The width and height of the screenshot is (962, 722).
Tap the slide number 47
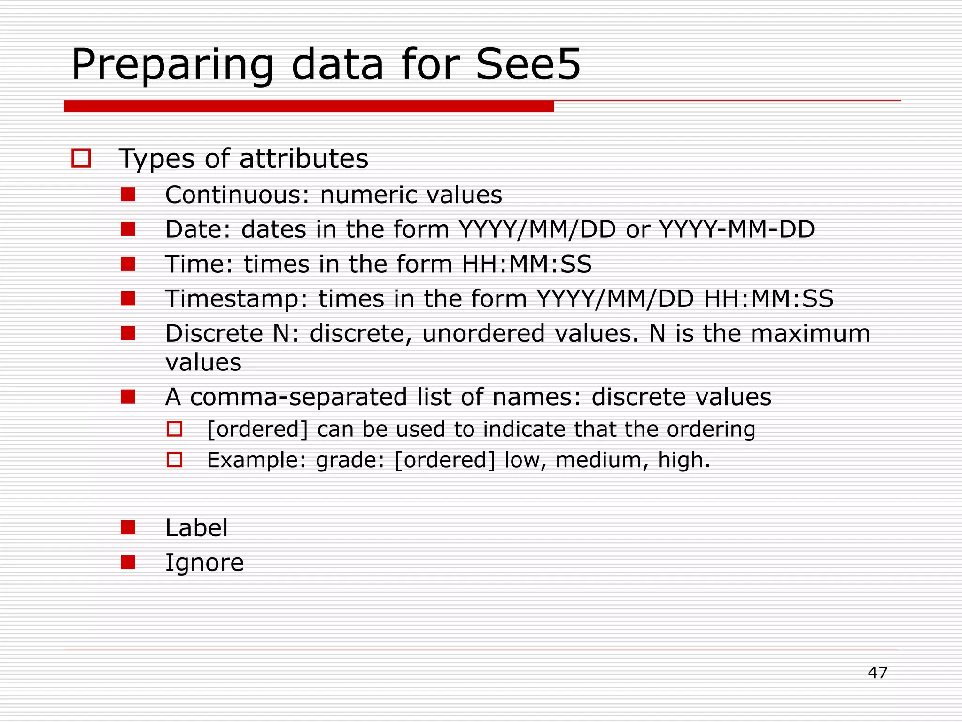click(x=877, y=673)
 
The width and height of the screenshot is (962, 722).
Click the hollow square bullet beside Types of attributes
click(x=81, y=158)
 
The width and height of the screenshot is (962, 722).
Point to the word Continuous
click(x=233, y=195)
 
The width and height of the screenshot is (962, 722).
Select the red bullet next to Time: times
click(x=128, y=264)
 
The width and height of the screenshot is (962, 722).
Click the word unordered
click(x=483, y=333)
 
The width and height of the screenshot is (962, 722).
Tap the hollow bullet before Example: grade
click(x=174, y=459)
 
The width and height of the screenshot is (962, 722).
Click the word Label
click(x=196, y=527)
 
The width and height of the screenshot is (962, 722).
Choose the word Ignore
click(x=204, y=563)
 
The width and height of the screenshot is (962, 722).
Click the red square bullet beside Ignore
click(x=128, y=562)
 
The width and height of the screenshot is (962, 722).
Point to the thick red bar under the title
click(x=309, y=106)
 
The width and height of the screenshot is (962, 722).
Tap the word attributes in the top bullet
click(x=303, y=158)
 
